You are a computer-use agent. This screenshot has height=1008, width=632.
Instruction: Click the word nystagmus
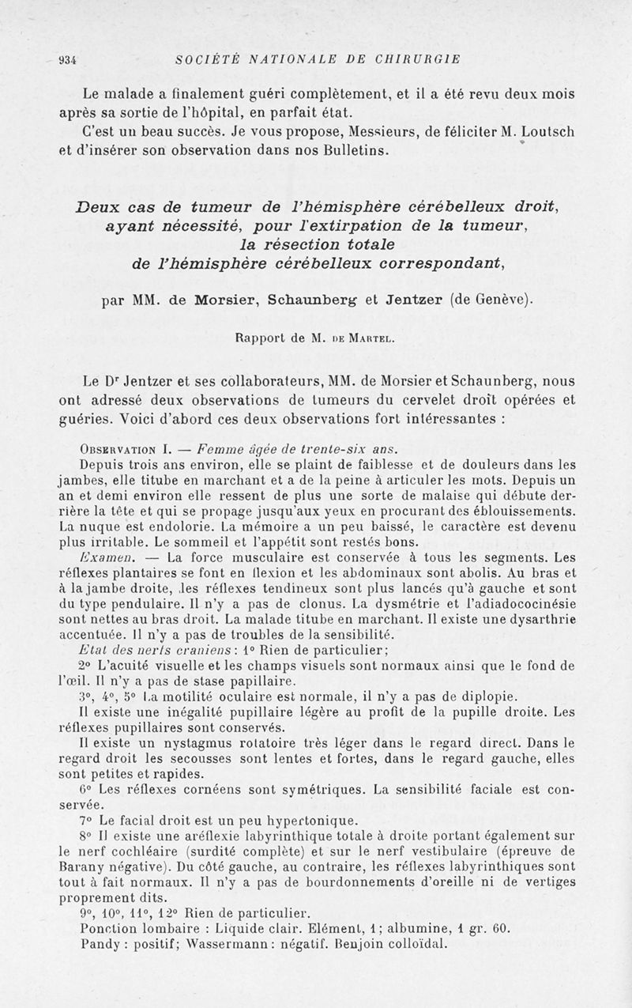(x=183, y=742)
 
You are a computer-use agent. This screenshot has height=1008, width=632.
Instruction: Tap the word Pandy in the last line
(x=100, y=944)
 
